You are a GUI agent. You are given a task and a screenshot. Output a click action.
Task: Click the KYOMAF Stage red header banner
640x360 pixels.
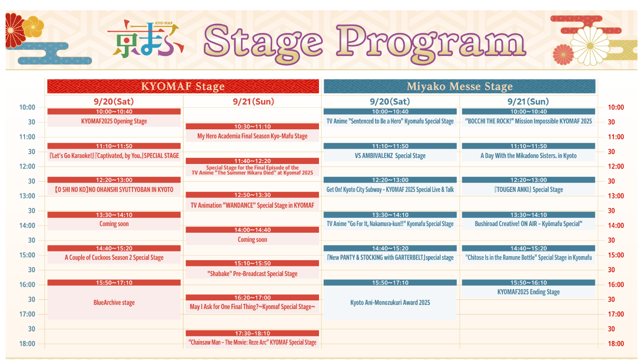[x=183, y=86]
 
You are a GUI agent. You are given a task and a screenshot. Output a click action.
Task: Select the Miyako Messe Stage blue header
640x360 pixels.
[x=460, y=86]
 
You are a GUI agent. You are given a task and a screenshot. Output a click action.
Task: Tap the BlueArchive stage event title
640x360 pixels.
[x=114, y=302]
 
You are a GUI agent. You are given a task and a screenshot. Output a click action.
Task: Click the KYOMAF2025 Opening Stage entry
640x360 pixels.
[x=114, y=121]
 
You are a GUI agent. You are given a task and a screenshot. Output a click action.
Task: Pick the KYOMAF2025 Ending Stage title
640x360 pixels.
[x=528, y=292]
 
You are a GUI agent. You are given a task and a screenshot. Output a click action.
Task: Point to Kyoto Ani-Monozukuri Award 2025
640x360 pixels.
[x=390, y=302]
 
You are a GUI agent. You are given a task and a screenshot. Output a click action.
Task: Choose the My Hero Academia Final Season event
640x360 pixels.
[x=252, y=136]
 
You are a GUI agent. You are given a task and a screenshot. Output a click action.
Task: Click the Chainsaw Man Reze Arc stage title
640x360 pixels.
[x=252, y=342]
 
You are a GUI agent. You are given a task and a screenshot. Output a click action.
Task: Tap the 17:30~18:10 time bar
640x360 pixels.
[x=252, y=333]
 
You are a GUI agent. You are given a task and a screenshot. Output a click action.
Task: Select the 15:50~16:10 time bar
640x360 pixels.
[x=528, y=283]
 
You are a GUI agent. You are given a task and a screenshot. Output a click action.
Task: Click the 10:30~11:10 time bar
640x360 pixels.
[x=252, y=126]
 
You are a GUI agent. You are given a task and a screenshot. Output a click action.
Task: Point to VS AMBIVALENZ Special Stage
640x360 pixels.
[x=390, y=156]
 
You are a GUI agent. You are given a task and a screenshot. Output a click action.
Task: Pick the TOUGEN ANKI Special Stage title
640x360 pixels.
[x=528, y=189]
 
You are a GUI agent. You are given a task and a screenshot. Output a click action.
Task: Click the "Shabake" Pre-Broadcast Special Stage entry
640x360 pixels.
[x=252, y=274]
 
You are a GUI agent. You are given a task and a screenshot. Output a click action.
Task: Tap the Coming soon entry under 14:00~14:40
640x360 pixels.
[x=252, y=239]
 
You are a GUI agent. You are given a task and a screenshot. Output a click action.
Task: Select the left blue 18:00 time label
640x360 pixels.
[x=27, y=343]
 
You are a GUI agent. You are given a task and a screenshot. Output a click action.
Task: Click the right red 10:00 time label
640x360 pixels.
[x=616, y=107]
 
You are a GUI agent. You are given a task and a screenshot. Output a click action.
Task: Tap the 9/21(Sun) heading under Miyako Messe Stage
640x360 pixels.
[x=528, y=101]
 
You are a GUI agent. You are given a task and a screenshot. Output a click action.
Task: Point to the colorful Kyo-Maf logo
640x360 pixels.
[x=145, y=39]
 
